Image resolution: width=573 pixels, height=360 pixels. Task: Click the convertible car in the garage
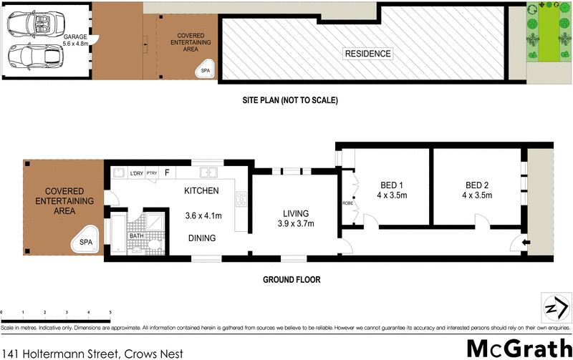(x=29, y=23)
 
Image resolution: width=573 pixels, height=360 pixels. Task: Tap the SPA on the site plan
(x=205, y=69)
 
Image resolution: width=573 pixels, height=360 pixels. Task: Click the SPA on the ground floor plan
(x=86, y=242)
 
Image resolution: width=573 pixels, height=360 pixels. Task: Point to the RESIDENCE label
(x=368, y=54)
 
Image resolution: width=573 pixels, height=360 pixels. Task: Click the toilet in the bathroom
(x=154, y=245)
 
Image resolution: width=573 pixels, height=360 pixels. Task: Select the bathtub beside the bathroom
(x=117, y=232)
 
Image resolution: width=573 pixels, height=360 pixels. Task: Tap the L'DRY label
(x=136, y=172)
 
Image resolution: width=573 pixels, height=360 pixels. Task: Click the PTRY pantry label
(x=151, y=172)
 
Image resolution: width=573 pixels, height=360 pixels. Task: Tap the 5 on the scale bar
(x=110, y=313)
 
